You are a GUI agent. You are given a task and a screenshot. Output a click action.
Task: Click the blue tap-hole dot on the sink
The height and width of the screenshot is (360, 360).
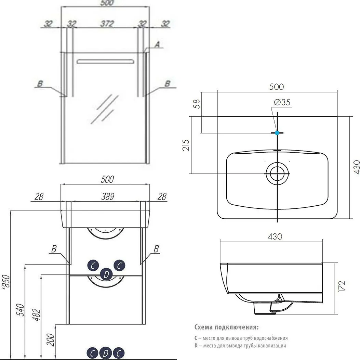click(277, 132)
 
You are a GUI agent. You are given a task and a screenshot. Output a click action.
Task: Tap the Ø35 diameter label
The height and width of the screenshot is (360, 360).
click(282, 102)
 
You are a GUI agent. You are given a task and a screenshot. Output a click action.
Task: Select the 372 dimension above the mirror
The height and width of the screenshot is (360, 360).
click(107, 23)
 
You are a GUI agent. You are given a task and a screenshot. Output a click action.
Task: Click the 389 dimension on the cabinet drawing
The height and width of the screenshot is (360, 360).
click(108, 196)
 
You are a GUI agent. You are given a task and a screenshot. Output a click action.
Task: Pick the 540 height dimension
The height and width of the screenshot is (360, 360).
click(21, 310)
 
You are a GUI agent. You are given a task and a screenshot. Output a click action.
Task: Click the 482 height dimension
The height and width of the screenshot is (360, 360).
click(36, 315)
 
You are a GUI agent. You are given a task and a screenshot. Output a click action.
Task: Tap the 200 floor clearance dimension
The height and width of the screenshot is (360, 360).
click(51, 339)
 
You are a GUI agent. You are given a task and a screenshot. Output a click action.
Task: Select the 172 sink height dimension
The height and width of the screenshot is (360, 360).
click(342, 286)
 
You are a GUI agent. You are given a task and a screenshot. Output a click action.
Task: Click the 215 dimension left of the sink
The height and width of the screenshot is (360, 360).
click(186, 145)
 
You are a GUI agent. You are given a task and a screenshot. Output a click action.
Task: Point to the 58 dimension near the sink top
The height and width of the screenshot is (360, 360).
click(197, 104)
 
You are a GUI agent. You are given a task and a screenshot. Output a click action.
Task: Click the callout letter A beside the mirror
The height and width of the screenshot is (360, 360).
click(157, 44)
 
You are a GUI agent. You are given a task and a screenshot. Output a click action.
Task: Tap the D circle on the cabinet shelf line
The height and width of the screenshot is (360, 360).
click(106, 274)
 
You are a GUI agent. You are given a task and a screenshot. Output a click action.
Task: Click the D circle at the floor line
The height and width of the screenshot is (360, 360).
click(106, 353)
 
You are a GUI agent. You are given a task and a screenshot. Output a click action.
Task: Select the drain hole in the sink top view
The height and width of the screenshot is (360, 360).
click(277, 173)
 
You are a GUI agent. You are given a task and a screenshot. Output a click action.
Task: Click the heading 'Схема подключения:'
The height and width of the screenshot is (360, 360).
click(226, 327)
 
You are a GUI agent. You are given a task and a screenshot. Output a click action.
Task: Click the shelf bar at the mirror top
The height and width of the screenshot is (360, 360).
click(105, 61)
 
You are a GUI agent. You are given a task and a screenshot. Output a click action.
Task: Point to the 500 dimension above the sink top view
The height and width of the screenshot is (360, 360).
click(277, 87)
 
